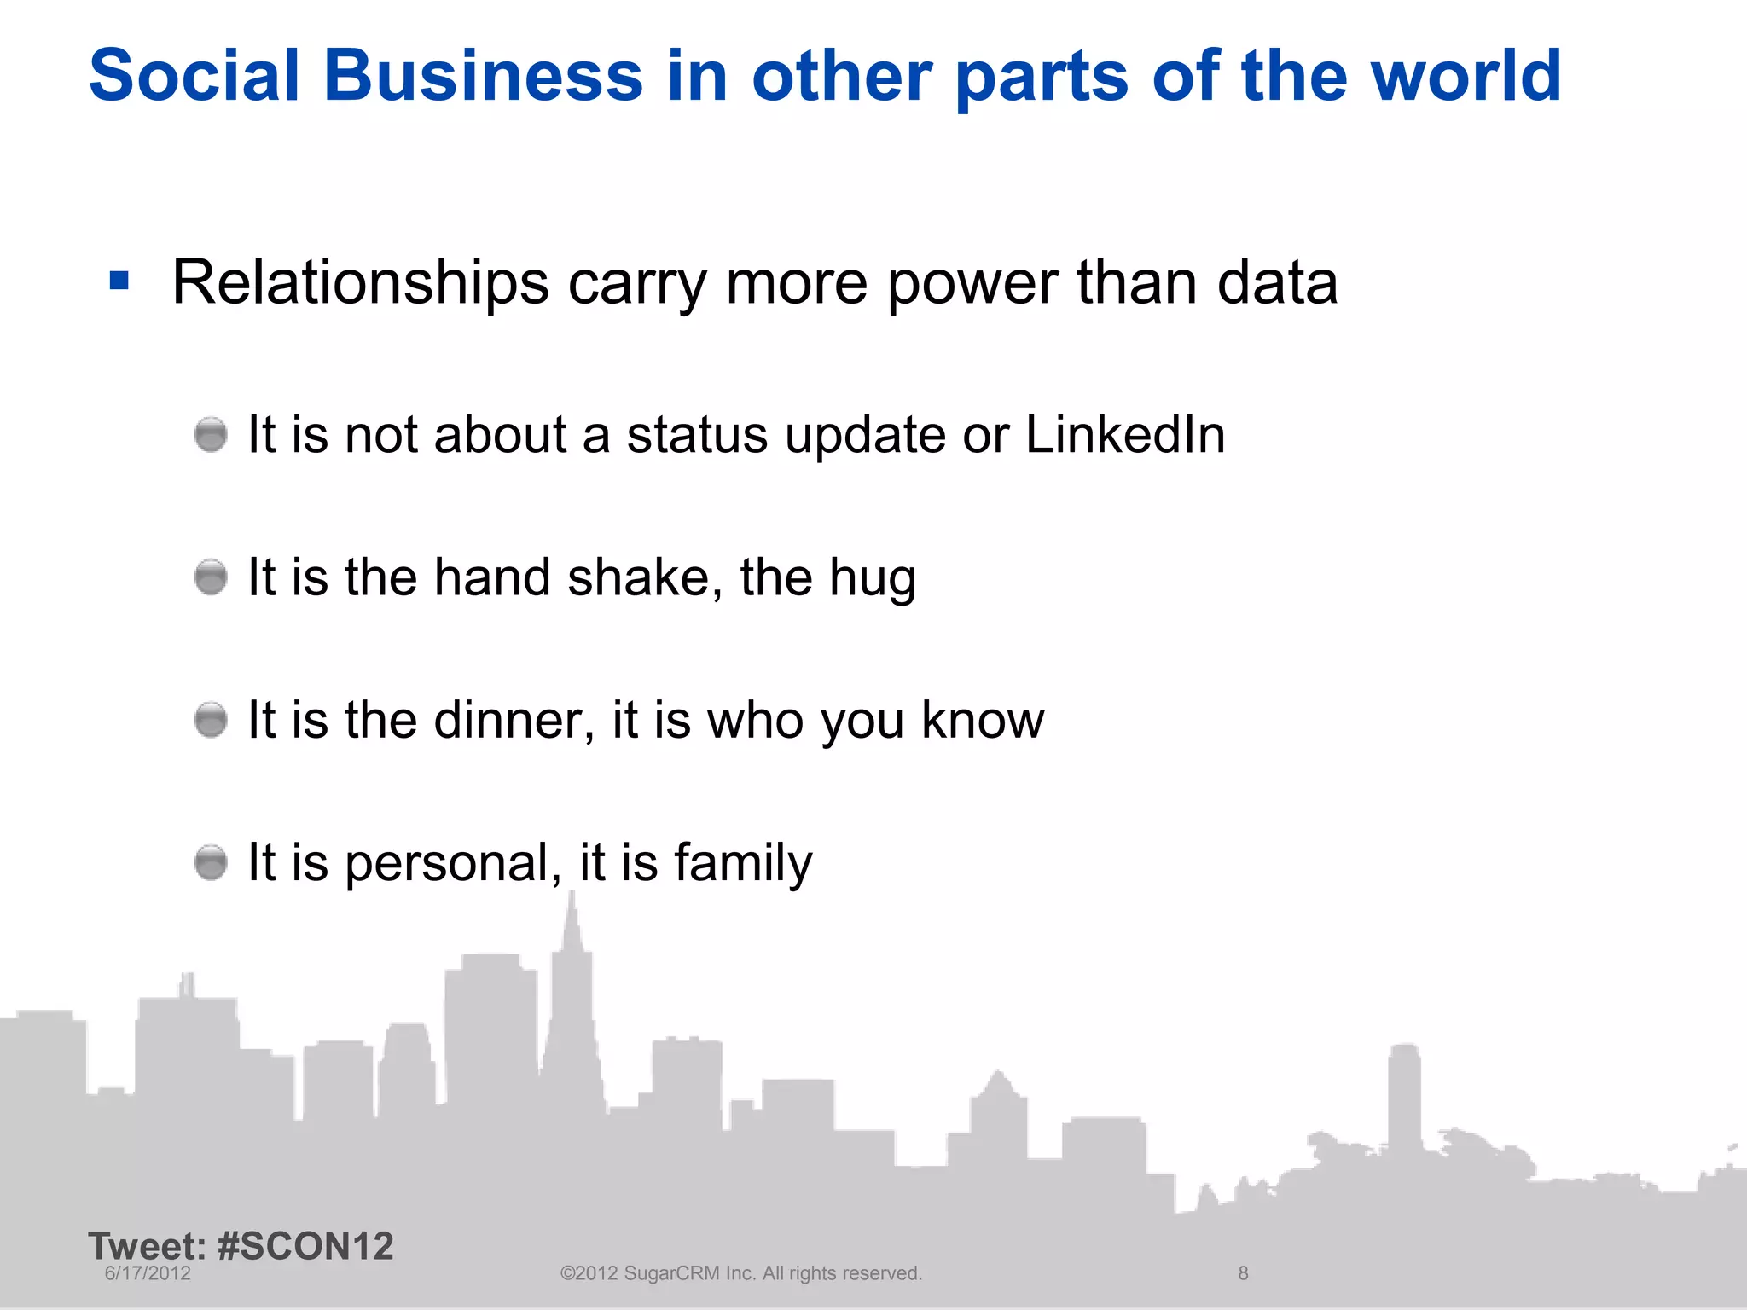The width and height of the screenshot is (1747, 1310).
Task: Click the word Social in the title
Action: click(194, 76)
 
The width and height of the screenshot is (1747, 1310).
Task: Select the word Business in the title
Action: click(483, 76)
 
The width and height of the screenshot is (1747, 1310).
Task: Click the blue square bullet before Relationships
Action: click(119, 281)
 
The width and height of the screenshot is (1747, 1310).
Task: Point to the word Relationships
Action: click(360, 282)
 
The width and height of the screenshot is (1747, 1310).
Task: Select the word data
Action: click(1277, 282)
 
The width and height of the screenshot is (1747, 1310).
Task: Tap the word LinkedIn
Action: click(1124, 434)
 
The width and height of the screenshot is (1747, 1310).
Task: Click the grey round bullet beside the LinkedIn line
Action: click(211, 435)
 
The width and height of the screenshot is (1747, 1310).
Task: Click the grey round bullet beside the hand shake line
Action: click(211, 577)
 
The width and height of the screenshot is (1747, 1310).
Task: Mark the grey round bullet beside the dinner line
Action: click(211, 720)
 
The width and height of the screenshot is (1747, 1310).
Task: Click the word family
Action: click(743, 863)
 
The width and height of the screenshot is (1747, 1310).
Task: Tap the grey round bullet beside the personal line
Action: click(211, 862)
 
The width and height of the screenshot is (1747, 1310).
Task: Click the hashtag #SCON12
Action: click(305, 1246)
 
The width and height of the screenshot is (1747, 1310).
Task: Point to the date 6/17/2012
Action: click(148, 1273)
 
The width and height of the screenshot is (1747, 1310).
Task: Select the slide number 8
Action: click(1243, 1273)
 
